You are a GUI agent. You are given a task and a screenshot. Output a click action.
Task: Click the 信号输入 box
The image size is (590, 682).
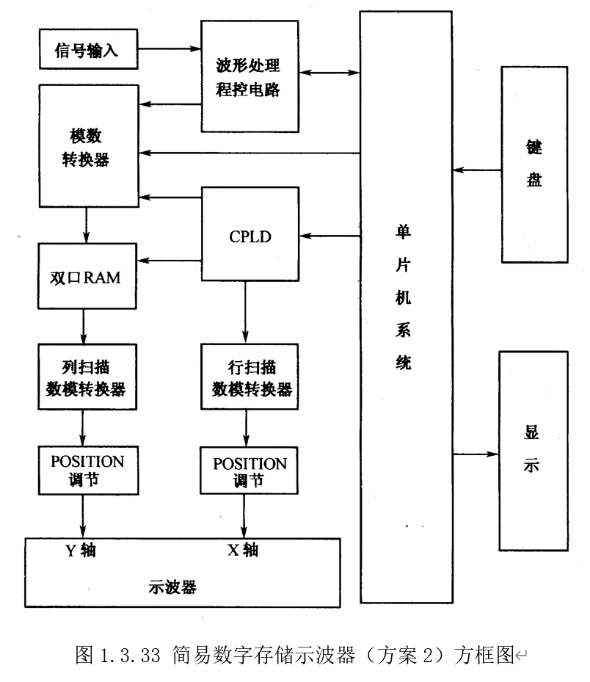click(x=86, y=50)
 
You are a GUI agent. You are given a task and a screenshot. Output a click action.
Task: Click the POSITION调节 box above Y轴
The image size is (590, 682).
click(x=87, y=471)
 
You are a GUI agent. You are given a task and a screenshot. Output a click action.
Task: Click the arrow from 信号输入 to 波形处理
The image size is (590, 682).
click(x=169, y=49)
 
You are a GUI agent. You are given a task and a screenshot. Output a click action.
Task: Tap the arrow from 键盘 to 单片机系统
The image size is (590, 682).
click(x=476, y=170)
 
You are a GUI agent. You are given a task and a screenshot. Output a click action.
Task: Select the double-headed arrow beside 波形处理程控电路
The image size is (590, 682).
click(x=329, y=73)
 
